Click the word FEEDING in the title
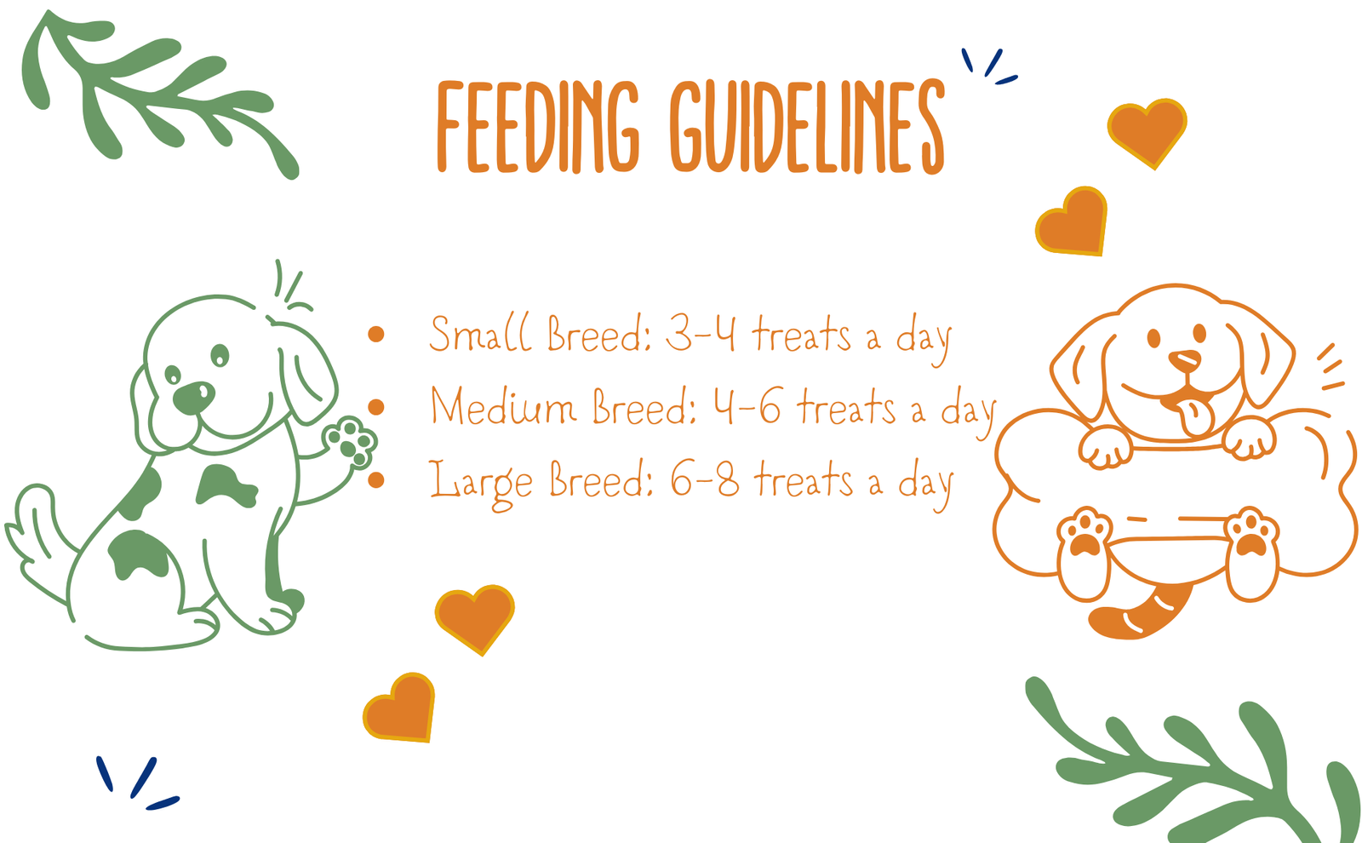(538, 127)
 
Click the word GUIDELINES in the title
(808, 127)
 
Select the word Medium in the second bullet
(502, 405)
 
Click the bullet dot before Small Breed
(375, 334)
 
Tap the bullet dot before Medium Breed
(375, 407)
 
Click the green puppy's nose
(193, 398)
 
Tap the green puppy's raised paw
(350, 442)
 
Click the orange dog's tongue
(1195, 416)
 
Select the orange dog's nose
(1185, 361)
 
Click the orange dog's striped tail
(1138, 614)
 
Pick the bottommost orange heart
(399, 708)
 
